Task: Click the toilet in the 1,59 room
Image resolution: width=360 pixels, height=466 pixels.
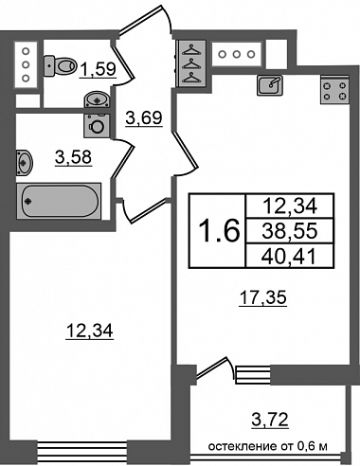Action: coord(60,65)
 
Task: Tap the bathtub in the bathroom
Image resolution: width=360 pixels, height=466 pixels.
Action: coord(59,201)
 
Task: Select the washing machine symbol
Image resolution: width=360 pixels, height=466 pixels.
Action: coord(97,126)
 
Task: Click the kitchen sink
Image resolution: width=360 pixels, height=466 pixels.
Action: coord(270,85)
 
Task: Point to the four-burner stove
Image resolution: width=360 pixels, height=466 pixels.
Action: coord(335,90)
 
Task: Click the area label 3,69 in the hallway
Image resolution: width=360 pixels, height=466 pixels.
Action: coord(144,118)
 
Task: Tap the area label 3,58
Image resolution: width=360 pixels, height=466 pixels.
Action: coord(73,157)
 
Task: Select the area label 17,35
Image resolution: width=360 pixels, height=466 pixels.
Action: coord(263,297)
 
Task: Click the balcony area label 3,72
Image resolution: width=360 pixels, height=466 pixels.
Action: coord(270,420)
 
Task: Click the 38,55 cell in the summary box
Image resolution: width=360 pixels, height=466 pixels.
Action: coord(290,231)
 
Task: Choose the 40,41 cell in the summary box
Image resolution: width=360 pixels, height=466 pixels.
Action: coord(290,256)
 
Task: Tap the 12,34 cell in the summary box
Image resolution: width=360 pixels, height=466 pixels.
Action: coord(290,206)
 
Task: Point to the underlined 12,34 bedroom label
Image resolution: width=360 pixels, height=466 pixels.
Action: coord(89,331)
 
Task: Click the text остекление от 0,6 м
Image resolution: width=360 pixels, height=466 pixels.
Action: coord(267,446)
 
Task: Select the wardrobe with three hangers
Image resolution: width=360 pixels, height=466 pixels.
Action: coord(191,63)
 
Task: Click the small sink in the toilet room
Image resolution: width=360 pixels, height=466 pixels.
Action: coord(98,99)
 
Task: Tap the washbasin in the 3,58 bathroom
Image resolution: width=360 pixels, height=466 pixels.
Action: coord(25,163)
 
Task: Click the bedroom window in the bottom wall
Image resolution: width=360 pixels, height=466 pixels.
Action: coord(82,449)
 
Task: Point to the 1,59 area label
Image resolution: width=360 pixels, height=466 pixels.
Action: coord(98,69)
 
